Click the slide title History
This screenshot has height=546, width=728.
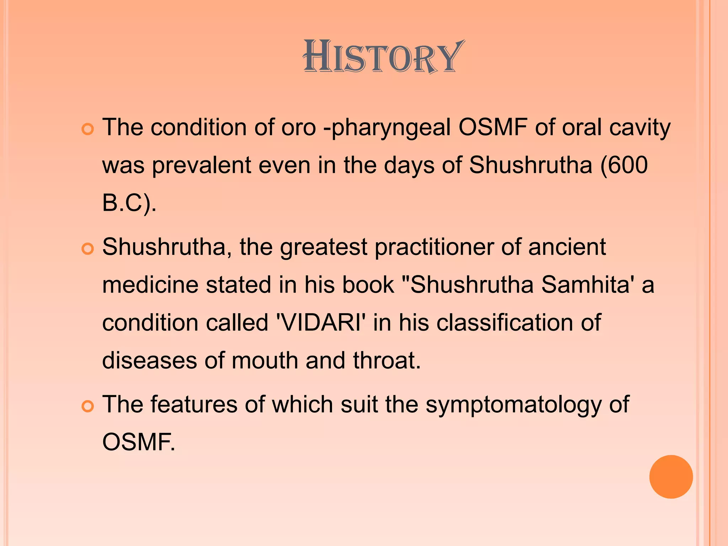383,57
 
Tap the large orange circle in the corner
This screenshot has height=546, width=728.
671,477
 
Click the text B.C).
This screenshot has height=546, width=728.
129,204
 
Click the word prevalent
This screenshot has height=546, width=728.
202,165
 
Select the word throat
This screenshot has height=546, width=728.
387,360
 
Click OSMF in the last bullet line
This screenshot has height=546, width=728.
139,442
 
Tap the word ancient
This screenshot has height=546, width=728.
567,247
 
